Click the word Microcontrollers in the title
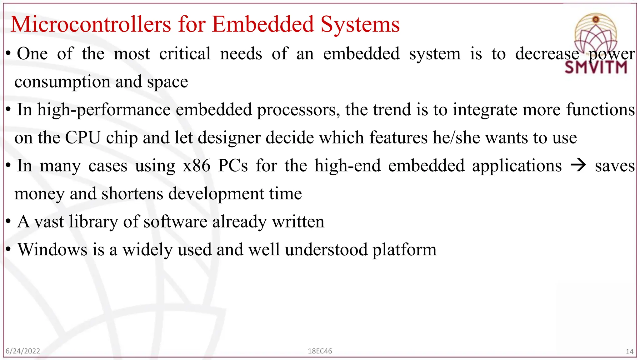coord(91,24)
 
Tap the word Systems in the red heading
coord(360,24)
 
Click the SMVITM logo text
coord(596,67)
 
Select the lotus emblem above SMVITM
coord(596,34)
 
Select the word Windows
coord(52,250)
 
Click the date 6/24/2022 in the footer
coord(23,351)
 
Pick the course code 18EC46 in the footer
coord(320,351)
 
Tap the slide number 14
coord(629,352)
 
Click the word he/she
coord(456,137)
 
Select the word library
coord(94,222)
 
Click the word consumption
coord(62,82)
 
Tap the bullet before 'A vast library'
coord(9,222)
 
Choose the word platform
coord(404,250)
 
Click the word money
coord(39,194)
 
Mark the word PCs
coord(233,166)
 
